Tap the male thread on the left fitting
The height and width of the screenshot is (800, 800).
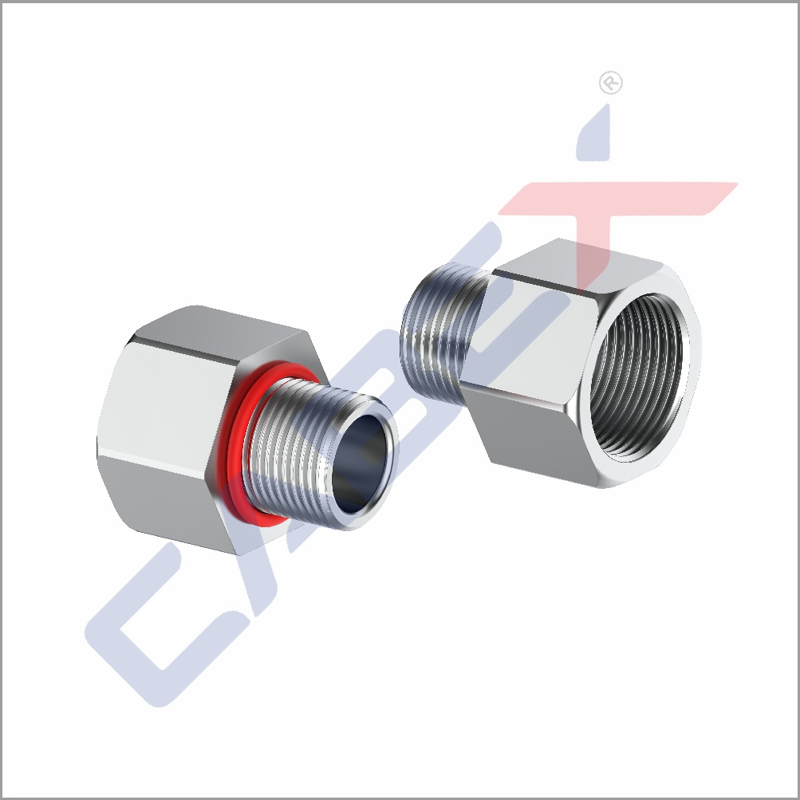pyautogui.click(x=295, y=447)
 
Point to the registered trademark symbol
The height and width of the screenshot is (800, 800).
pyautogui.click(x=610, y=84)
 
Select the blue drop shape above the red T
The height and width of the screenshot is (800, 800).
pyautogui.click(x=598, y=136)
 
